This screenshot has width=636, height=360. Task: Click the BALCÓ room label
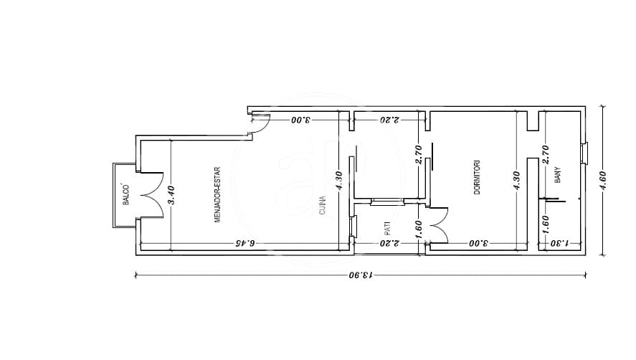(x=126, y=195)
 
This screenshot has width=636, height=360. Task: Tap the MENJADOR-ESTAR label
(x=217, y=195)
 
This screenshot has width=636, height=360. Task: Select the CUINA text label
(x=323, y=205)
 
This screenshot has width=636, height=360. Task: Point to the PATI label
(x=387, y=229)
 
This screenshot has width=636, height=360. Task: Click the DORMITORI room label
(x=477, y=177)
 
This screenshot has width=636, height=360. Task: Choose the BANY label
(x=558, y=175)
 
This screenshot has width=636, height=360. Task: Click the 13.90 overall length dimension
(x=361, y=275)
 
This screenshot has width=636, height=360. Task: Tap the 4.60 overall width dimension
(x=602, y=181)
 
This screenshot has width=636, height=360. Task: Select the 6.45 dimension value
(x=246, y=243)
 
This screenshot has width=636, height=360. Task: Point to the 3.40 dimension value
(x=171, y=195)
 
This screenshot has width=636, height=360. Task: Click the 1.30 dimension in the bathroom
(x=560, y=243)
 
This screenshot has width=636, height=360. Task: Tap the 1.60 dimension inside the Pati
(x=419, y=229)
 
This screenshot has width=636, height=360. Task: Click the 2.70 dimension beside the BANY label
(x=546, y=155)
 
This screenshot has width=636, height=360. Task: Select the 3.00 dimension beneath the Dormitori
(x=479, y=243)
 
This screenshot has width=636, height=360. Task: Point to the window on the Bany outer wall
(x=584, y=153)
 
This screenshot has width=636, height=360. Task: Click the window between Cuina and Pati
(x=353, y=227)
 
